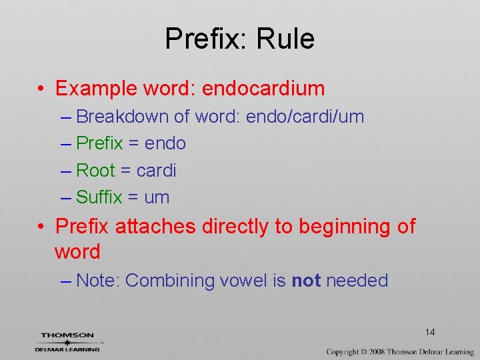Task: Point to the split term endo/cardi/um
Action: tap(305, 117)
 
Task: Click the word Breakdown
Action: tap(123, 117)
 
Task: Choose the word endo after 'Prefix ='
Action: tap(165, 143)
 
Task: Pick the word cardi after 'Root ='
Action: tap(156, 171)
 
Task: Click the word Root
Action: tap(96, 171)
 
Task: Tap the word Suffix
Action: tap(99, 197)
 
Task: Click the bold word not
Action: tap(306, 281)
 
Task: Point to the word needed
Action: tap(357, 281)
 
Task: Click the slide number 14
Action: tap(429, 332)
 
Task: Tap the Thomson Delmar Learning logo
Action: tap(67, 341)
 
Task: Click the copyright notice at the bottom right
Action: tap(399, 351)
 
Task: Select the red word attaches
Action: tap(155, 227)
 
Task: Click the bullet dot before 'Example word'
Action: tap(41, 89)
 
